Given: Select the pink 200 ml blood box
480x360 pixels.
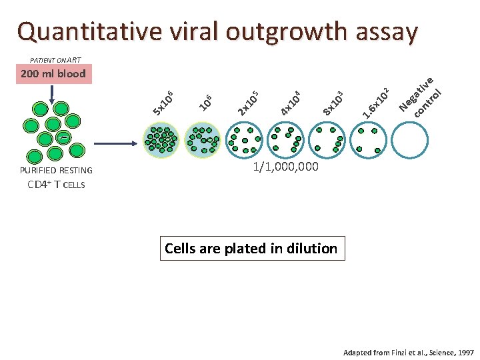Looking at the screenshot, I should coord(53,73).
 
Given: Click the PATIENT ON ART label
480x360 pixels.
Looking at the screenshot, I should coord(55,59).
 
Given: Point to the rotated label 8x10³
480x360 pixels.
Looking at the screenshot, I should coord(332,102).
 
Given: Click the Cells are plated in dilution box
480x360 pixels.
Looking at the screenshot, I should coord(251,249).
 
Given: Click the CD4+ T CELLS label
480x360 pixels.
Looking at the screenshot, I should coord(56,185).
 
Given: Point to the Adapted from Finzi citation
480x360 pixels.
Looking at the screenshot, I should coord(409,351).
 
